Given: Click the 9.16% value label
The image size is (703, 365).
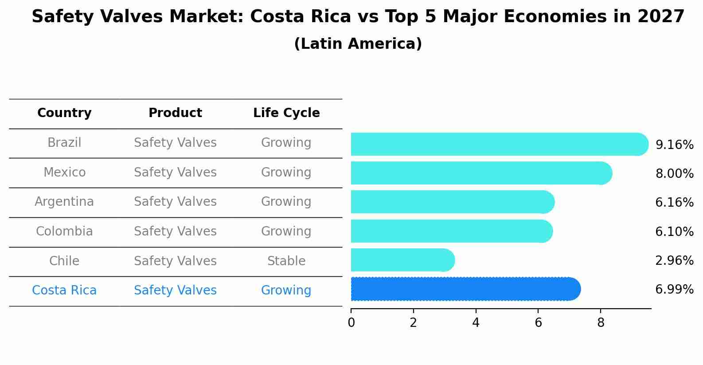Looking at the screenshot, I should [x=674, y=145].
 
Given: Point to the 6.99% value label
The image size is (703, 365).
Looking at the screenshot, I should [x=674, y=290].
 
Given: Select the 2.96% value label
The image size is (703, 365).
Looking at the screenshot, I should [x=674, y=261].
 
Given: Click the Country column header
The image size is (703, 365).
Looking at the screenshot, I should [x=64, y=113].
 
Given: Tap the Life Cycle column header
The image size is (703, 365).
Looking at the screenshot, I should [x=286, y=113].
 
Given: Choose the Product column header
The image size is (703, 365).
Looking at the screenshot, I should [x=175, y=113].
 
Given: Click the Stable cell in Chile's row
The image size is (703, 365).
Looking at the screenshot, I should [x=286, y=261].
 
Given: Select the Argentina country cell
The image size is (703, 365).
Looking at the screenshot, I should [x=64, y=202].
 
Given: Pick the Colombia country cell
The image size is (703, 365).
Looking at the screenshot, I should [x=64, y=232].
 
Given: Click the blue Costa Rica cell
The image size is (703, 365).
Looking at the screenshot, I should [x=64, y=290].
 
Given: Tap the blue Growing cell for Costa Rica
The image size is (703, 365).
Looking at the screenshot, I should [x=286, y=290].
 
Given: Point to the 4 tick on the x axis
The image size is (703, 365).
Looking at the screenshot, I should [x=476, y=323].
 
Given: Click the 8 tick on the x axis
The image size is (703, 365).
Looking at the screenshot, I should [x=601, y=323].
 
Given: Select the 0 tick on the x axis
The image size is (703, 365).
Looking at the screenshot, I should [x=351, y=323].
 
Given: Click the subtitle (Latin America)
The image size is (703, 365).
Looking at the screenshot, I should [x=358, y=44].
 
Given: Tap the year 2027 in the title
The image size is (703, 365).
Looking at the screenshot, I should [x=661, y=17].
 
